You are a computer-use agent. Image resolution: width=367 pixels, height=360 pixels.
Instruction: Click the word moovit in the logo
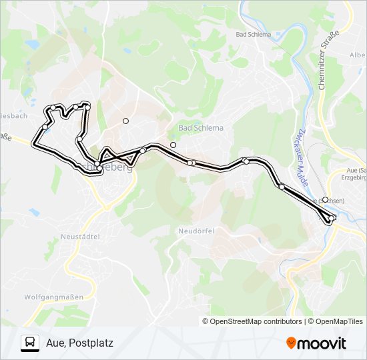tap(322, 343)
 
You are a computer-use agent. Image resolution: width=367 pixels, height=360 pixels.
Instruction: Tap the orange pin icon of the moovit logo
tap(291, 343)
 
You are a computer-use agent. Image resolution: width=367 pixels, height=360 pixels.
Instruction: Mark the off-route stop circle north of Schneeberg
tap(125, 121)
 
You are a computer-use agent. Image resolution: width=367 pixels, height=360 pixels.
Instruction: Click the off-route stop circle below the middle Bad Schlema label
tap(173, 145)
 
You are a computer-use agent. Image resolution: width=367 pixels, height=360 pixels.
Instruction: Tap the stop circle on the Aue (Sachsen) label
tap(325, 199)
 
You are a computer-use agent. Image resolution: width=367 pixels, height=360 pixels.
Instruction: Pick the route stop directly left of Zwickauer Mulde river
tap(282, 187)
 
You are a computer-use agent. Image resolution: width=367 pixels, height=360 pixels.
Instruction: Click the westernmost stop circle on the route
tap(45, 127)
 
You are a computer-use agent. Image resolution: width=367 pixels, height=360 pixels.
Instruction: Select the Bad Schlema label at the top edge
tap(254, 35)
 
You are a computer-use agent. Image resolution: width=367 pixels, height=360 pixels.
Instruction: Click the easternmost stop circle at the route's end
tap(332, 217)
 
